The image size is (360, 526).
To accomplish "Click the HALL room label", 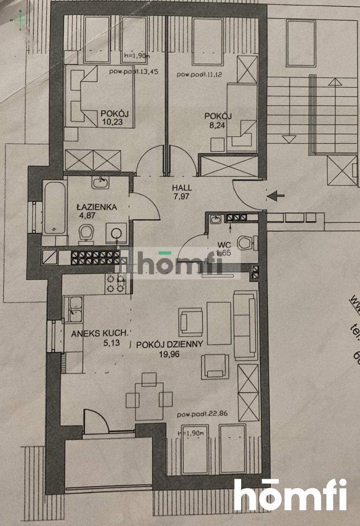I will click(x=182, y=188).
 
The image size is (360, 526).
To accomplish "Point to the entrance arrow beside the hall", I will click(x=276, y=196).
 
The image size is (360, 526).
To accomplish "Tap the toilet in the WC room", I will click(x=246, y=242).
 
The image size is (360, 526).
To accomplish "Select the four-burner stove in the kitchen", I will click(x=115, y=283).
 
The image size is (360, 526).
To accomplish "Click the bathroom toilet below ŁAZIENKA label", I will click(x=87, y=233).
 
